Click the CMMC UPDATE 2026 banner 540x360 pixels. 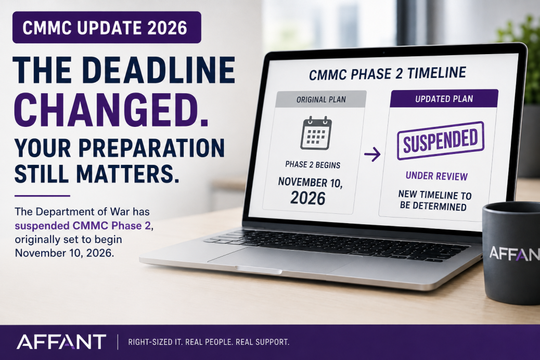107,28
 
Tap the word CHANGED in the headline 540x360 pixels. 111,110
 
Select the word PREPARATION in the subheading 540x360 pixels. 151,148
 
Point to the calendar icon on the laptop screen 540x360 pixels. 316,133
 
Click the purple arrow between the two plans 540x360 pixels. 372,154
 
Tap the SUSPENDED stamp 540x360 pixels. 441,140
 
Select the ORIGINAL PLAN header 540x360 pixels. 321,99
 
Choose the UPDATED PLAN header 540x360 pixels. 444,98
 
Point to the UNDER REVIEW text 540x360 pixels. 436,176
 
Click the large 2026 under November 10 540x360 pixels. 308,198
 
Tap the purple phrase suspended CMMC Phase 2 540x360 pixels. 83,226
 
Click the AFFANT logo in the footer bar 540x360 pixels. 61,342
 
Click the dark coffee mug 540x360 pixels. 511,253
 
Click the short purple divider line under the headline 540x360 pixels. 42,196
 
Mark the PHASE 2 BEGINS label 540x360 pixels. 313,165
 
